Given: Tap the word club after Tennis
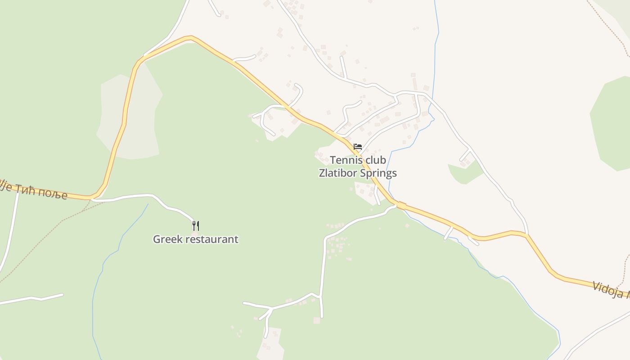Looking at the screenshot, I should (x=373, y=160).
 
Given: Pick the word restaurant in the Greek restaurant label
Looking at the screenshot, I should (x=211, y=239).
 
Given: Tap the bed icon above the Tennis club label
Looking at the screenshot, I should (x=358, y=147).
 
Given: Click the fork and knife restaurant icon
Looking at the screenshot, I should (x=196, y=225).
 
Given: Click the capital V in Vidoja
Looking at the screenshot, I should (x=596, y=286).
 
